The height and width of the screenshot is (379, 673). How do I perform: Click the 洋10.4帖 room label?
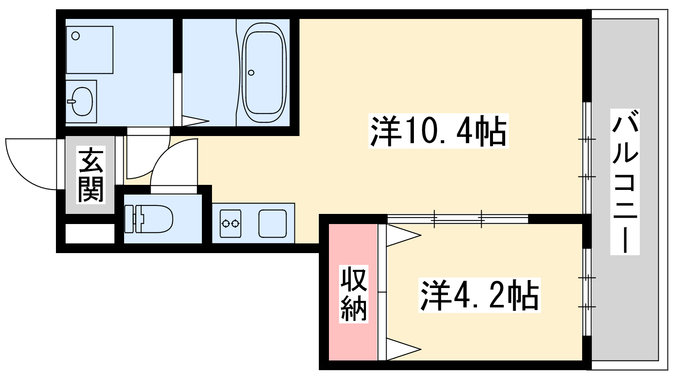click(438, 131)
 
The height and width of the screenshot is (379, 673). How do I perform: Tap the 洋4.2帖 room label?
click(480, 296)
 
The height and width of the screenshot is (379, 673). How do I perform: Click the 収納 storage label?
click(354, 294)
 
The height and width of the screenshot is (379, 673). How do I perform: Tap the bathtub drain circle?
click(251, 72)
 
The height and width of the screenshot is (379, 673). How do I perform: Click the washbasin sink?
click(82, 101)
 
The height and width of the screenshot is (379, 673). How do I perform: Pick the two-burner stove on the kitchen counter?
click(231, 223)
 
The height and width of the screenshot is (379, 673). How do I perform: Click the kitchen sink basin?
click(273, 224)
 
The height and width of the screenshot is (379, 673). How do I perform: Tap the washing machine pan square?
click(90, 50)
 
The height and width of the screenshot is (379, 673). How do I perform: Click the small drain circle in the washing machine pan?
click(76, 36)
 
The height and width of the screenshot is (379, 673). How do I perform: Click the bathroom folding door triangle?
click(194, 121)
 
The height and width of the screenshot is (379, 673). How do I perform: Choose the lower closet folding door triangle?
click(402, 349)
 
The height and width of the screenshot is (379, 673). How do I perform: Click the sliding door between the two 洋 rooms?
click(458, 219)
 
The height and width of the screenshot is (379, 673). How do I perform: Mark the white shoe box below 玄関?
click(90, 234)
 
